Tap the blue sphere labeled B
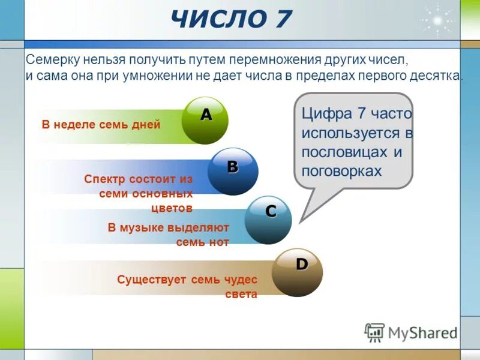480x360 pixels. pos(233,171)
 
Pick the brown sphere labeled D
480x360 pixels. pos(298,272)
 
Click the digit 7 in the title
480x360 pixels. pos(278,20)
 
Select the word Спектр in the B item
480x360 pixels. pos(103,179)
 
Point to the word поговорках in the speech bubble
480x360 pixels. pos(342,170)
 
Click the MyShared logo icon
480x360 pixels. pos(374,332)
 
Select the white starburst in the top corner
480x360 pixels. pos(437,21)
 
